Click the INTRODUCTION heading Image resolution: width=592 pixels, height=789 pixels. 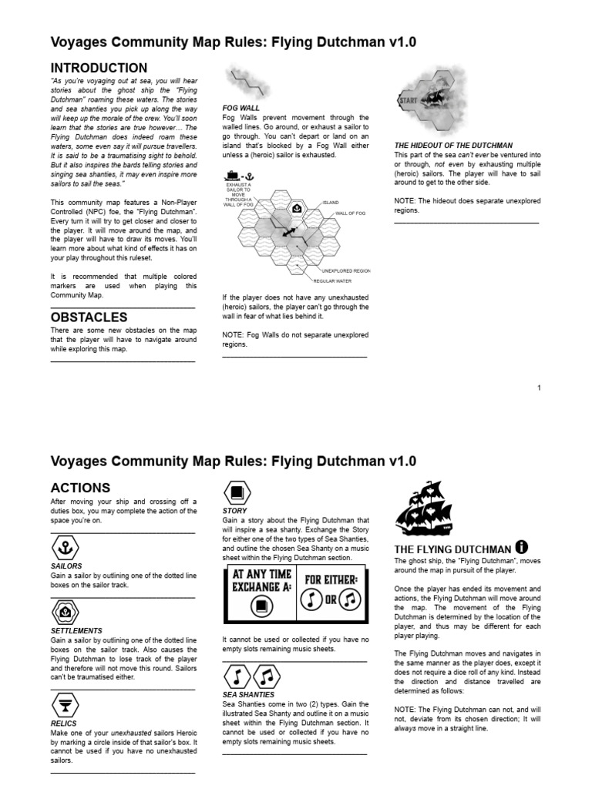point(99,68)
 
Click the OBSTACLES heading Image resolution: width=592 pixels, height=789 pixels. point(89,317)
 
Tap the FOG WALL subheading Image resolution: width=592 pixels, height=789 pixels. point(240,108)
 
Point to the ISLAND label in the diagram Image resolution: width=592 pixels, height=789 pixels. point(331,203)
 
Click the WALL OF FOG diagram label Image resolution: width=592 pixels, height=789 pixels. point(350,213)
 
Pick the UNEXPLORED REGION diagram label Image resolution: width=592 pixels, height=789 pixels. point(351,271)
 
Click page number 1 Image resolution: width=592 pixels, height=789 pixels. point(540,388)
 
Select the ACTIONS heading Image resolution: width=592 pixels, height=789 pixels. point(80,488)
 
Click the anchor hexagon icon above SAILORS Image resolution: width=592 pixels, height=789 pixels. point(66,548)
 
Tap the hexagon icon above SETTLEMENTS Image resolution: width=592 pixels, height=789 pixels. point(66,613)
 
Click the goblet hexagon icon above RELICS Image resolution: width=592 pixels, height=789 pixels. point(66,705)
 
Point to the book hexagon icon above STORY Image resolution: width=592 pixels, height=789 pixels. point(237,492)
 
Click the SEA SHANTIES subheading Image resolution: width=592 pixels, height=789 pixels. point(248,694)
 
